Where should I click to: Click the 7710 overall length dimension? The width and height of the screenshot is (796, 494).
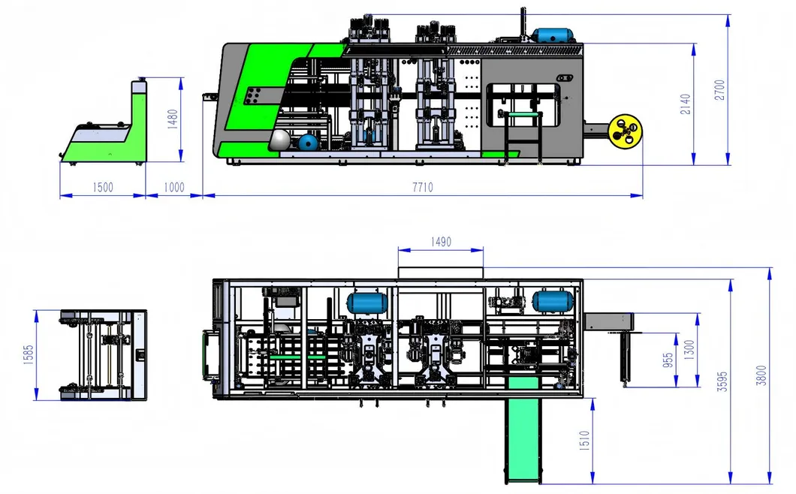point(422,188)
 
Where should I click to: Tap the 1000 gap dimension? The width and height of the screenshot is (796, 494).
point(174,188)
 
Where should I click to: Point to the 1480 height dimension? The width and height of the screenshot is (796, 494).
point(173,119)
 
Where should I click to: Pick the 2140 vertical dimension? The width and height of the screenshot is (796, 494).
point(685,104)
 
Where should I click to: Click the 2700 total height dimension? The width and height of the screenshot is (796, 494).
point(719,89)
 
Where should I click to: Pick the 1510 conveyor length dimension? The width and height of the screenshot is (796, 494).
point(583,441)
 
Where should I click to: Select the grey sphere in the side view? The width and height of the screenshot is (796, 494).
point(279,139)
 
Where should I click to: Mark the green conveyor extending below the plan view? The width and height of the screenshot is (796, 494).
point(522,435)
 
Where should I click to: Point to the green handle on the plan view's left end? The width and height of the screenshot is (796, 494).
point(204,352)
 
